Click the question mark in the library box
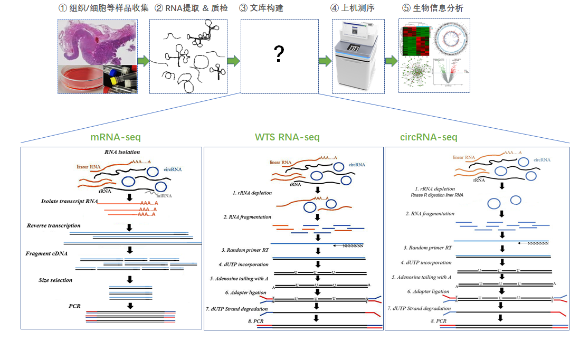tap(279, 54)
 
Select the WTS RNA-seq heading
tap(287, 137)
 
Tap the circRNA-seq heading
tap(429, 137)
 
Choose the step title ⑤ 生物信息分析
tap(433, 8)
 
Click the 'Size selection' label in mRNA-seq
tap(55, 280)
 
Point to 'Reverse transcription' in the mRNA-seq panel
tap(53, 225)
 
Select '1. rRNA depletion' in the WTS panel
tap(252, 193)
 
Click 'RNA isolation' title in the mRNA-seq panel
tap(122, 153)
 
